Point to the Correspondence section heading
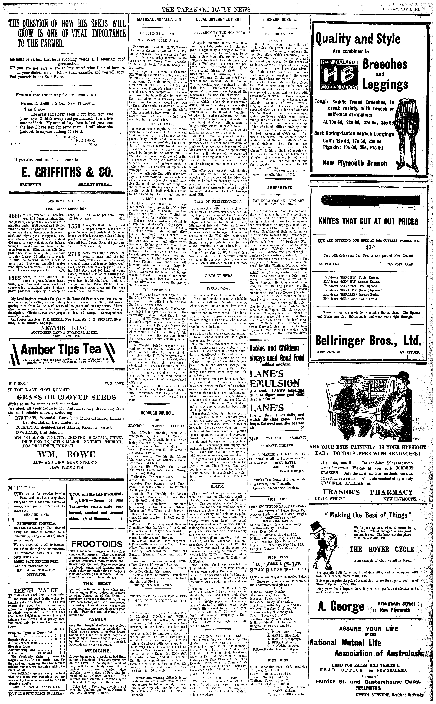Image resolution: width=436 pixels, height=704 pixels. click(x=280, y=20)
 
